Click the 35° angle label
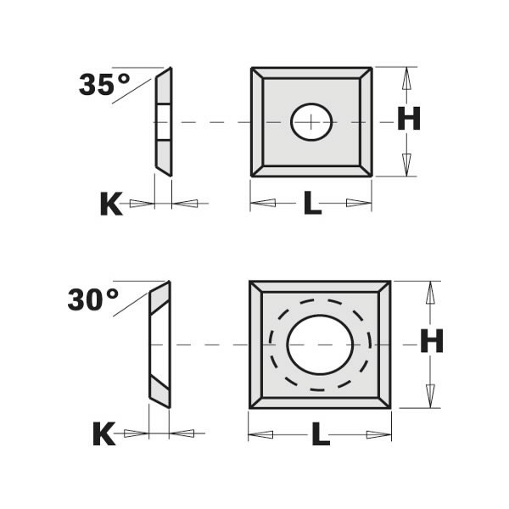point(104,84)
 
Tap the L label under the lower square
point(320,435)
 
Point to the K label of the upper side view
point(111,204)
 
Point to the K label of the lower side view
point(103,434)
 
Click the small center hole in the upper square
point(311,121)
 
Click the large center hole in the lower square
point(320,344)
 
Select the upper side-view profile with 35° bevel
point(163,121)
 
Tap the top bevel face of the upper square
point(311,73)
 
